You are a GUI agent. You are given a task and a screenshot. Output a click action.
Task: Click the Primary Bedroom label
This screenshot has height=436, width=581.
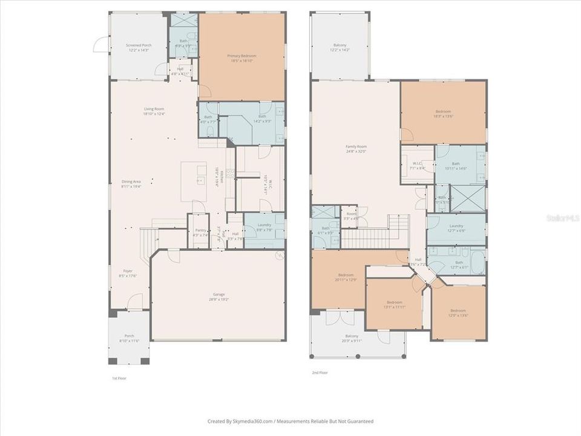point(242,56)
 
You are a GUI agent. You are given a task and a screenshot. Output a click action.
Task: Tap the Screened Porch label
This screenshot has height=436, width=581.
point(139,45)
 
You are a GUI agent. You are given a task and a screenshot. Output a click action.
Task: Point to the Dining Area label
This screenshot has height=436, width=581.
point(131,182)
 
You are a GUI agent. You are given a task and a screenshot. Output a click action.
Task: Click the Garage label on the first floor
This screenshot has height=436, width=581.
point(218,294)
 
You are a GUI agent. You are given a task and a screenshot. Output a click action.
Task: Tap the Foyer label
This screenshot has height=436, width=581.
point(128,271)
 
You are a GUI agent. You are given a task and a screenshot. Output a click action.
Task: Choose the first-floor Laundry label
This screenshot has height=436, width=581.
point(264,225)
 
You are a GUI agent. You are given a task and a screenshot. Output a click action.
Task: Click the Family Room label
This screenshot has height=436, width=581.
point(356,147)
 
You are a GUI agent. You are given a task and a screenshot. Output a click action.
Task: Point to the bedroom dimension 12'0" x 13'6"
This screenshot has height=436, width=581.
point(458,315)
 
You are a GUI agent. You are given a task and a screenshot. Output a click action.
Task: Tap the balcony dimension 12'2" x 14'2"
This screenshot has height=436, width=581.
point(340,51)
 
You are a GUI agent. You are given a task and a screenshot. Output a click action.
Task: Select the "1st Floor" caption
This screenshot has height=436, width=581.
point(119,378)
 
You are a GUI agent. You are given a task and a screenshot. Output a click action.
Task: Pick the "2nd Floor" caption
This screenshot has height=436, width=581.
point(320,373)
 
